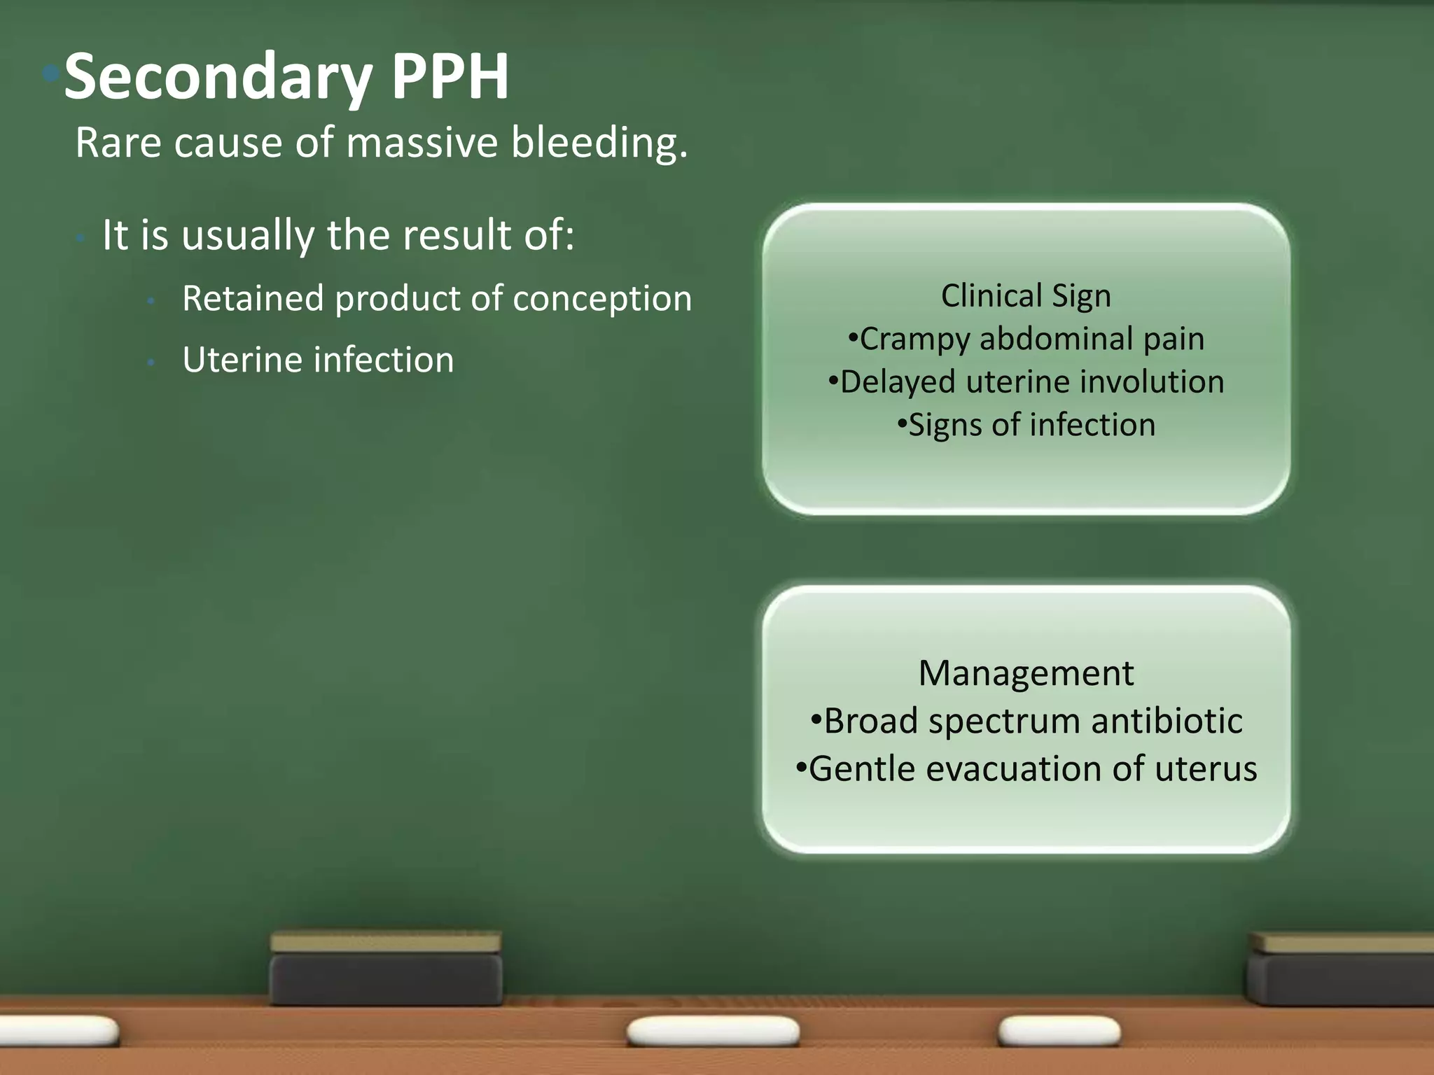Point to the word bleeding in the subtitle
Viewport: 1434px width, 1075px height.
pos(599,143)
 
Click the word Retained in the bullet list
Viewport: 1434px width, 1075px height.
pos(253,298)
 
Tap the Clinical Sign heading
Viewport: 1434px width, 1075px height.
pos(1026,295)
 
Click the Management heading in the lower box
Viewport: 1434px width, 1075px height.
pos(1026,673)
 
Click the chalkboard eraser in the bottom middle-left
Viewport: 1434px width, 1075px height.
pos(386,969)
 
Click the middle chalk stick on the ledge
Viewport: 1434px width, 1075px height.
pos(713,1032)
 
